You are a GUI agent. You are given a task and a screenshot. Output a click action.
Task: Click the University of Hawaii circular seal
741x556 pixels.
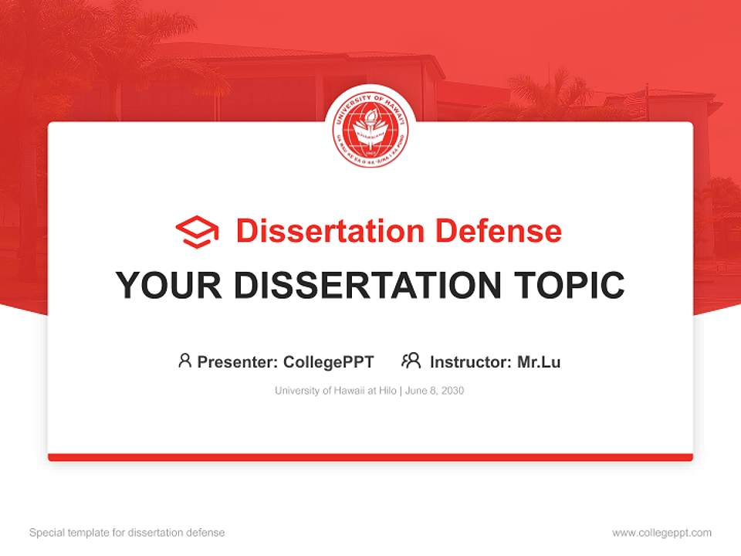click(x=370, y=128)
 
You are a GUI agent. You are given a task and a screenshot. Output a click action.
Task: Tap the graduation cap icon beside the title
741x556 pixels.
click(x=197, y=232)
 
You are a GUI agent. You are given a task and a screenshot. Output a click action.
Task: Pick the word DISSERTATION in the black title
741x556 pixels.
click(x=364, y=285)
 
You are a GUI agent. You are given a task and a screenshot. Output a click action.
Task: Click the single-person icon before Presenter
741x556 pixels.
click(x=184, y=361)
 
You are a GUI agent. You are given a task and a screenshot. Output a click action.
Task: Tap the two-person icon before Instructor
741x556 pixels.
click(x=411, y=361)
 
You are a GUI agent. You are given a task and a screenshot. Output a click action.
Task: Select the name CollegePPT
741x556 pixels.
click(x=329, y=361)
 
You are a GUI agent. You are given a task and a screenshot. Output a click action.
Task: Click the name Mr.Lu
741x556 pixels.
click(x=539, y=361)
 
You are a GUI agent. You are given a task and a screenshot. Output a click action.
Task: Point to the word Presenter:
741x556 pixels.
click(x=238, y=361)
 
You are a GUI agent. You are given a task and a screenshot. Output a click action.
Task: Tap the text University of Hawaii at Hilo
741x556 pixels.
click(x=335, y=391)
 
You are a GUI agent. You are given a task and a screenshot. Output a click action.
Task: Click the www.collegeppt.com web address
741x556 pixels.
click(x=661, y=533)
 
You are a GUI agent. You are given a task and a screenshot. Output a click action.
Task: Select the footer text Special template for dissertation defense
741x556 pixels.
click(x=127, y=533)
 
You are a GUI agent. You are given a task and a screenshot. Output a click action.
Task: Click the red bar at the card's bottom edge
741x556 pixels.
click(x=370, y=457)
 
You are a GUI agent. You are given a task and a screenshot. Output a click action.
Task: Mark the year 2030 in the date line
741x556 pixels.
click(x=453, y=391)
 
